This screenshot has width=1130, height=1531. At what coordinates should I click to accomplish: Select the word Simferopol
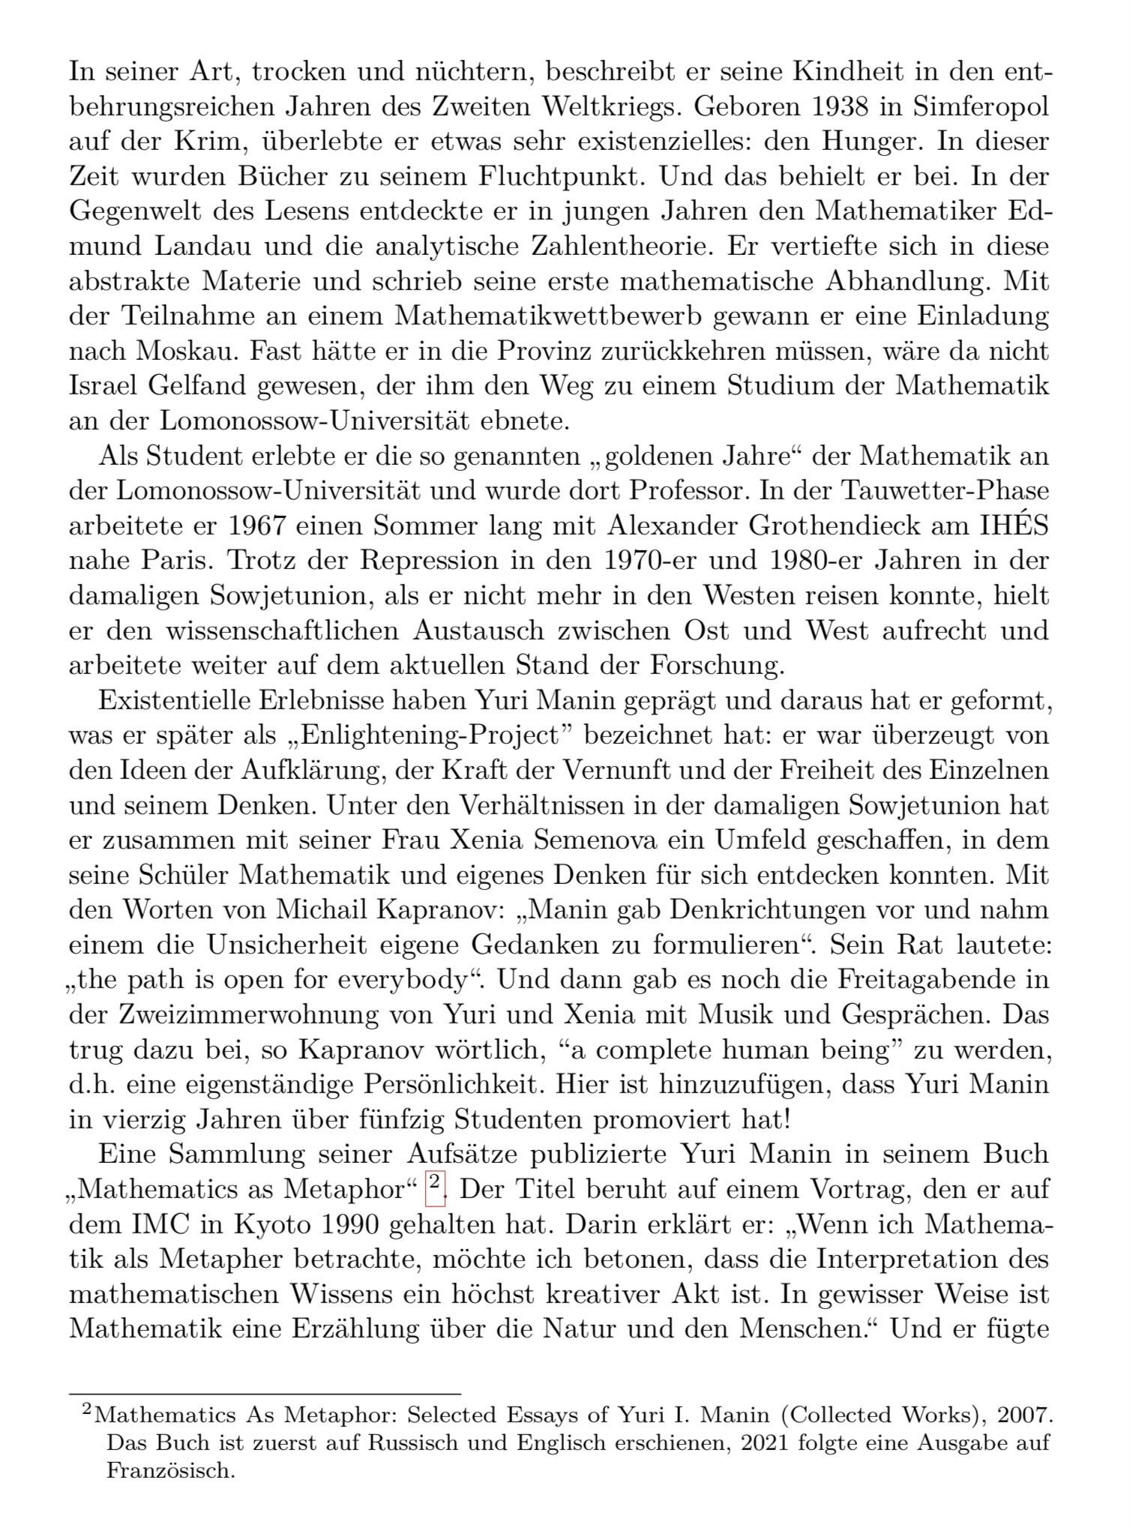click(x=981, y=107)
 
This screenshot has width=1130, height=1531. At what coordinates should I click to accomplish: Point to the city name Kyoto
click(x=274, y=1224)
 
